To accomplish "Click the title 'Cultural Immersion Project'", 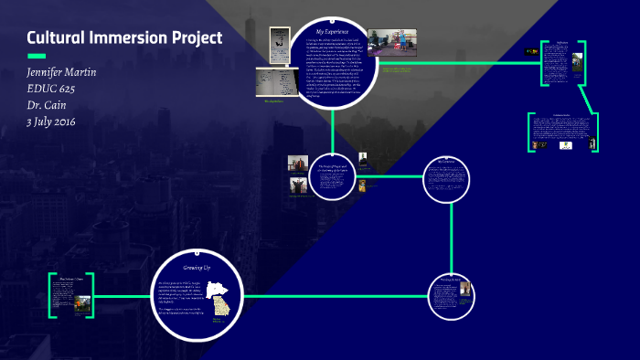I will [124, 39].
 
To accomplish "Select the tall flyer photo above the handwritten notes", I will [275, 41].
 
